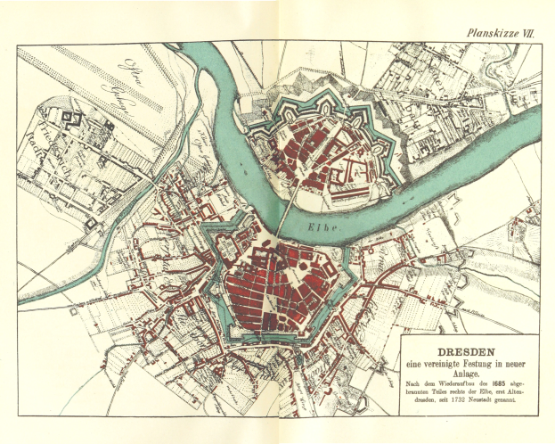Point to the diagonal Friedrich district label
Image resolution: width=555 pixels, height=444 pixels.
(45, 152)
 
